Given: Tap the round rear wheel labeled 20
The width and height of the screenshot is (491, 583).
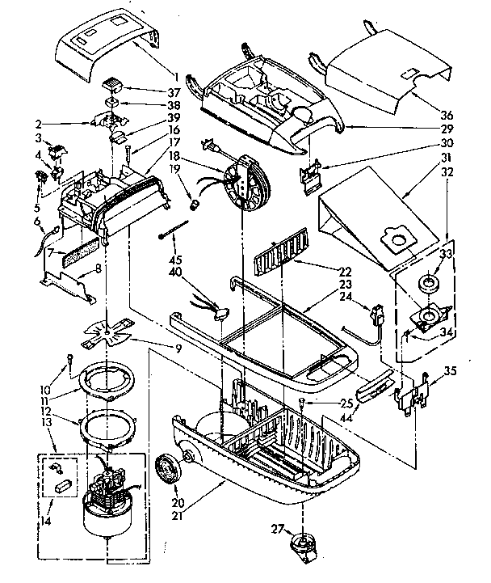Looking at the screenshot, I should tap(169, 467).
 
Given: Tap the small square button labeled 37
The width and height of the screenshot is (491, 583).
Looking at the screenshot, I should tap(113, 87).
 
